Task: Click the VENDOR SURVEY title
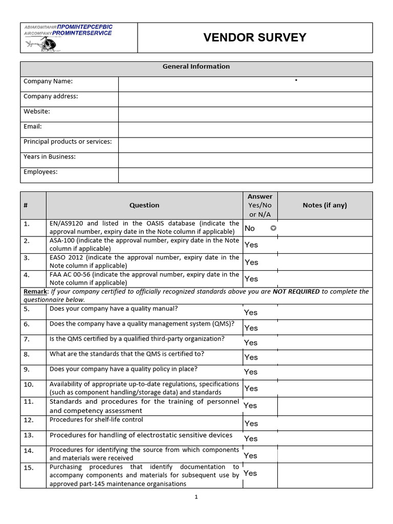click(255, 37)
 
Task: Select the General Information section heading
click(196, 67)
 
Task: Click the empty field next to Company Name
click(245, 84)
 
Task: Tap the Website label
click(37, 111)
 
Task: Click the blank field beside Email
click(245, 129)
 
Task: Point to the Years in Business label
click(50, 157)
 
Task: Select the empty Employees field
click(245, 175)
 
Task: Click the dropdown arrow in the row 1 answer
click(273, 228)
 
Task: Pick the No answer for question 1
click(250, 228)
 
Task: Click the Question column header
click(144, 205)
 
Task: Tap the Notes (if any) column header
click(324, 205)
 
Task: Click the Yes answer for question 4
click(251, 279)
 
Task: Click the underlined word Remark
click(35, 292)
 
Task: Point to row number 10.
click(29, 384)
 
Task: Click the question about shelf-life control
click(96, 420)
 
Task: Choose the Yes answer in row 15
click(250, 473)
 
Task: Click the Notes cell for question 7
click(324, 342)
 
